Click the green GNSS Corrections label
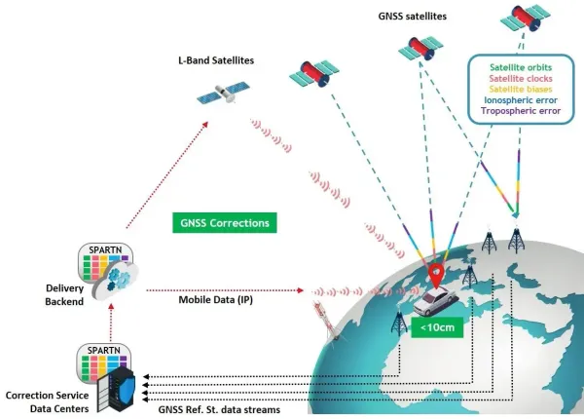[223, 222]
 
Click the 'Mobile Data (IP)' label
[215, 299]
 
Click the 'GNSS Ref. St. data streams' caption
[220, 410]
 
